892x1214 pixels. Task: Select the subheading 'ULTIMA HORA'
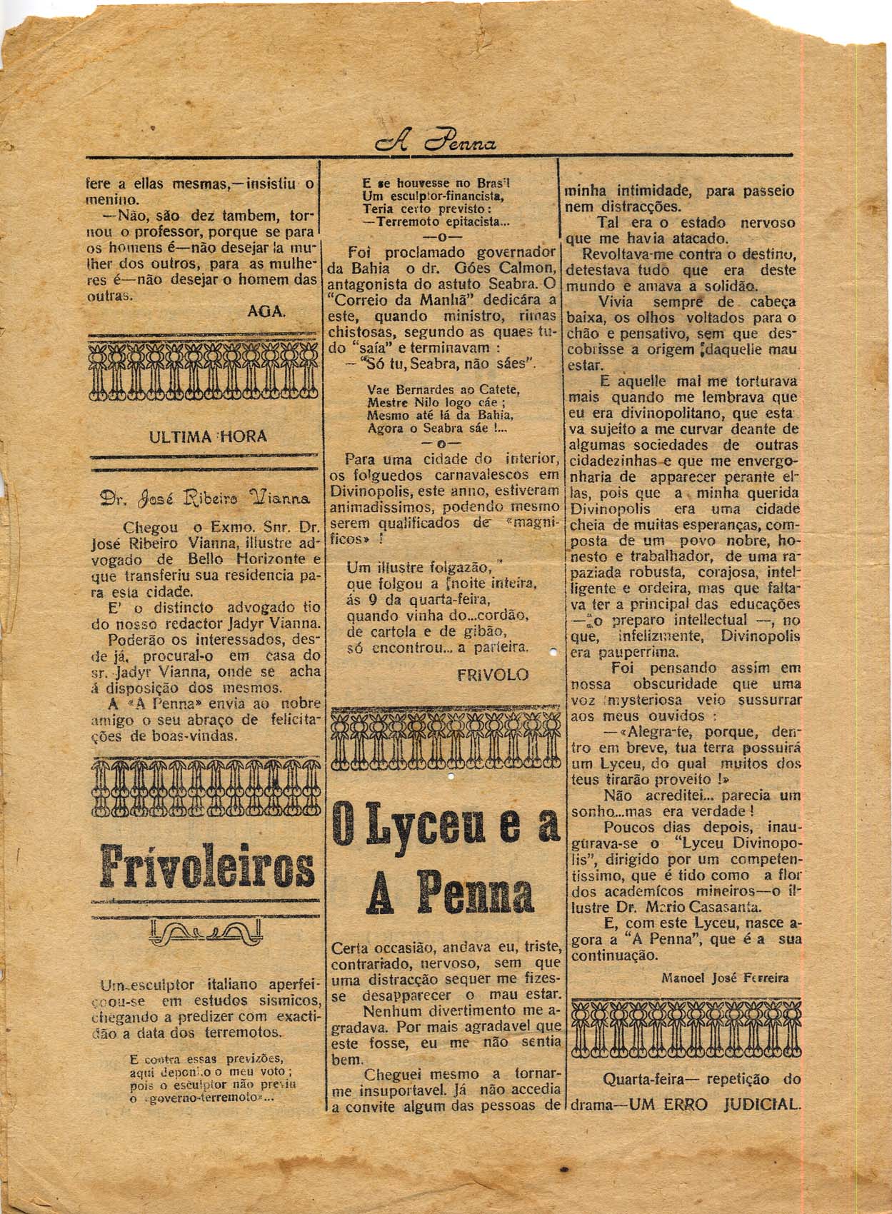208,436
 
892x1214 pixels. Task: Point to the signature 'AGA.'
266,311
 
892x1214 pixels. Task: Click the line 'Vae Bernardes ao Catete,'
443,390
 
